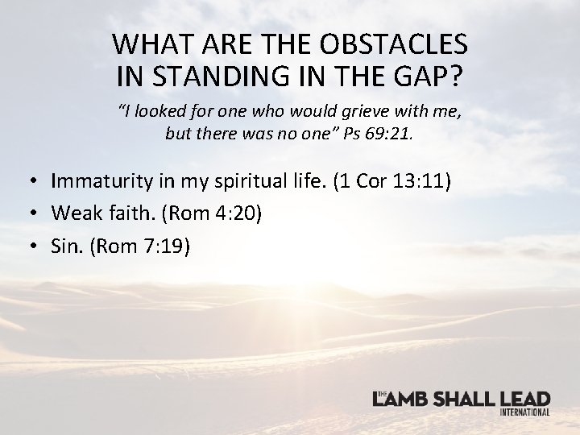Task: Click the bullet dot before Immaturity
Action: coord(38,181)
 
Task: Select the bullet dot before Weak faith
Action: coord(38,214)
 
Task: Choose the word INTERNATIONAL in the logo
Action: coord(524,412)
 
